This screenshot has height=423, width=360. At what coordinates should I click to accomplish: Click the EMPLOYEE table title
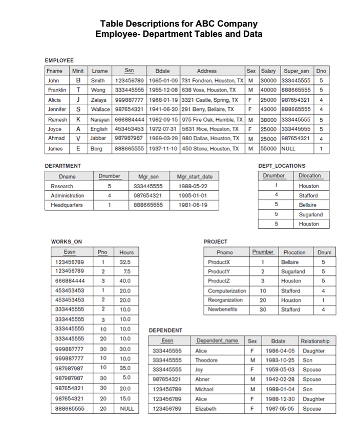[x=59, y=60]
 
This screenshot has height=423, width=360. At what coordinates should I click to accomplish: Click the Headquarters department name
[x=67, y=205]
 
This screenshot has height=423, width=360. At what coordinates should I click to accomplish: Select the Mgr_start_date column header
[x=194, y=176]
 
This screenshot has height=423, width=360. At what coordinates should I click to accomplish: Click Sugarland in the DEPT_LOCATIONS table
[x=310, y=215]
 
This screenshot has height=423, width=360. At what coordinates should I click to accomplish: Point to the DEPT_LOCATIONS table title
[x=282, y=166]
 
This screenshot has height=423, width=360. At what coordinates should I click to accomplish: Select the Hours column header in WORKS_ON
[x=126, y=252]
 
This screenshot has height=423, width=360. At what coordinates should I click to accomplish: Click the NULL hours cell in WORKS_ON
[x=126, y=409]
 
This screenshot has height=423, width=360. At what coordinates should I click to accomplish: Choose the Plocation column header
[x=294, y=252]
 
